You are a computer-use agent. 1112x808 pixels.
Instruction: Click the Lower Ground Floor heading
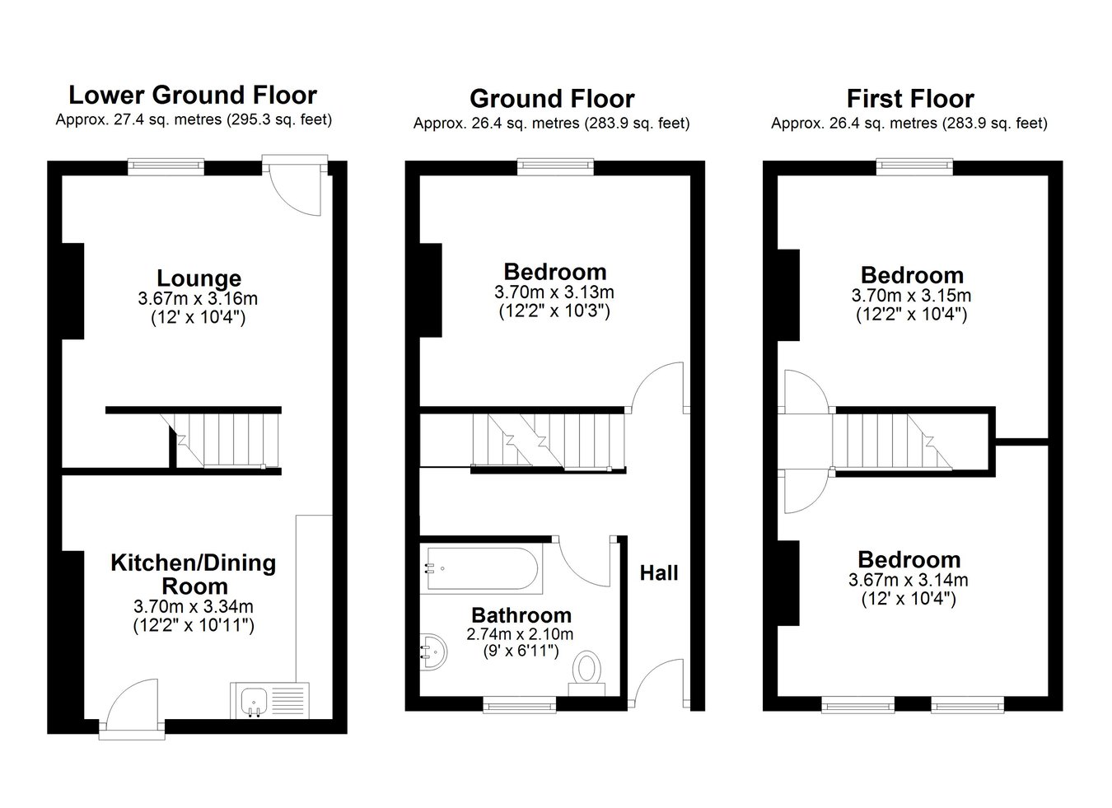(x=193, y=96)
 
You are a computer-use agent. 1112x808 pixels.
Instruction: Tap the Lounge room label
(x=199, y=278)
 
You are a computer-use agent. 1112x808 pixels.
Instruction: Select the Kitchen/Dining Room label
(x=194, y=574)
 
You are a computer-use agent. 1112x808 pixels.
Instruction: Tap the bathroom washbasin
(x=433, y=652)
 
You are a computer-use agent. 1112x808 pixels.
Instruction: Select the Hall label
(x=659, y=572)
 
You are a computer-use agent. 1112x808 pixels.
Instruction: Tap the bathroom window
(x=520, y=705)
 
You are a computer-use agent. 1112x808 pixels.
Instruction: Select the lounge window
(x=166, y=166)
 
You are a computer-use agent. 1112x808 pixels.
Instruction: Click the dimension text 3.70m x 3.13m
(x=554, y=292)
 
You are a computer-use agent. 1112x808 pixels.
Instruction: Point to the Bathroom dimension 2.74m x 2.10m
(x=520, y=633)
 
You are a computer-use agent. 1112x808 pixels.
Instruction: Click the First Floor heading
(x=910, y=99)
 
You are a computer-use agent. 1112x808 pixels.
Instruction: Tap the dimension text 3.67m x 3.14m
(x=908, y=580)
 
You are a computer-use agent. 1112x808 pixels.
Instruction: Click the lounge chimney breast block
(x=72, y=292)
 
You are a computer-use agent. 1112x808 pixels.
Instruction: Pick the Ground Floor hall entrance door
(x=659, y=683)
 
